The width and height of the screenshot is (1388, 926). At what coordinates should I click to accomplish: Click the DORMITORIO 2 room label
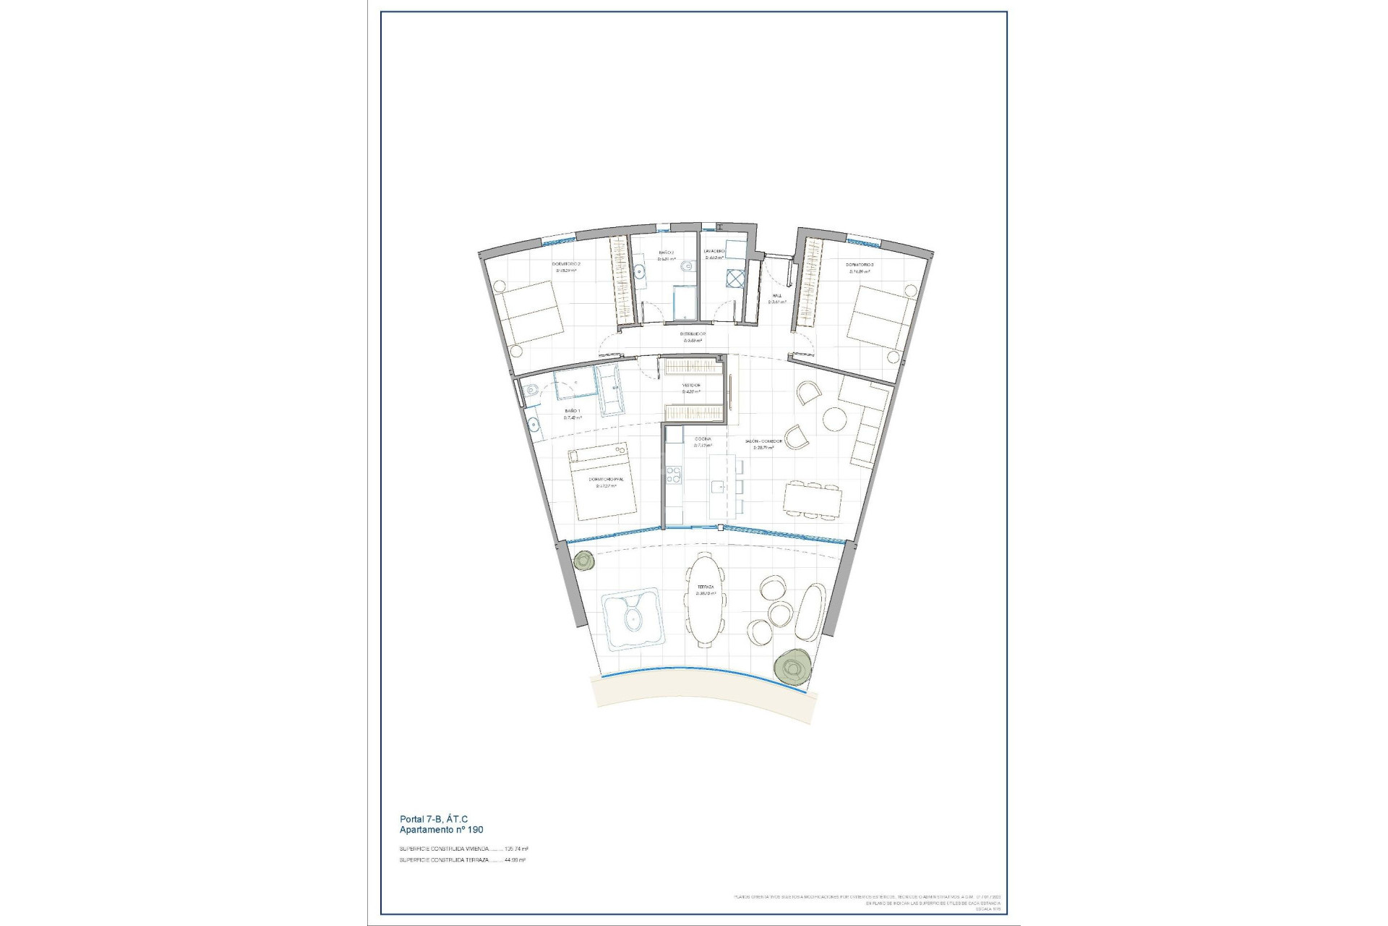point(567,264)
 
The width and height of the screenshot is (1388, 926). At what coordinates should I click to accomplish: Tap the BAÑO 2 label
point(666,252)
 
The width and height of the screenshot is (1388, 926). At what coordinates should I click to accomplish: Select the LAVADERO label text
point(714,251)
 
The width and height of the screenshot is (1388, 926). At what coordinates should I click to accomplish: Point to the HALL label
point(776,295)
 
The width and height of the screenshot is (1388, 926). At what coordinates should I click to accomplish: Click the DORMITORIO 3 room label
point(860,265)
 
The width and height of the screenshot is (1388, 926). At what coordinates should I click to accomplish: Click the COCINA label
point(703,439)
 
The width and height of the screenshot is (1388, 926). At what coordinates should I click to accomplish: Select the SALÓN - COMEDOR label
point(763,441)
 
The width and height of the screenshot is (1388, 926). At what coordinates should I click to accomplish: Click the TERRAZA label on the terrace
point(706,587)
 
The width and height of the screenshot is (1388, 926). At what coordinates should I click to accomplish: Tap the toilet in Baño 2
point(682,268)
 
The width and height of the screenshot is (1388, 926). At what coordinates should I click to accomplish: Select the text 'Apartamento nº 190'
point(441,830)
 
